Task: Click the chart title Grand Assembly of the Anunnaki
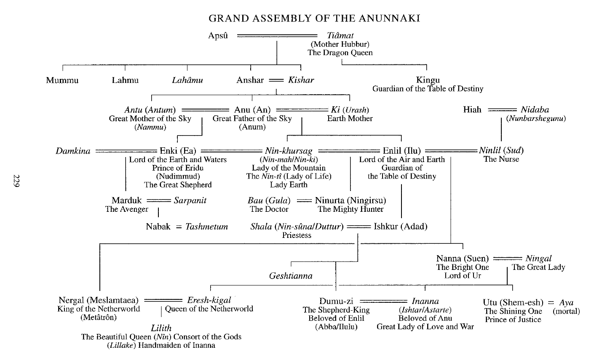[314, 19]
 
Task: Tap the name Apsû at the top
[218, 36]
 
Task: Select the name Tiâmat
[340, 36]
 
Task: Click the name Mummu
[62, 80]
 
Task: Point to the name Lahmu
[125, 80]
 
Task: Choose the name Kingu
[428, 80]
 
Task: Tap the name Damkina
[73, 151]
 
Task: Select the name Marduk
[126, 200]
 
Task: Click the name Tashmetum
[206, 227]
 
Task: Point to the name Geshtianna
[291, 276]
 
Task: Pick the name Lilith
[161, 328]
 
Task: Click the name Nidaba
[535, 109]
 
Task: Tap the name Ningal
[538, 258]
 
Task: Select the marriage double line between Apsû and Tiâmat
[277, 36]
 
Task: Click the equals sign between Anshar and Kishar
[276, 80]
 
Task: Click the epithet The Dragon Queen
[340, 53]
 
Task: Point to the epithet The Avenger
[126, 209]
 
